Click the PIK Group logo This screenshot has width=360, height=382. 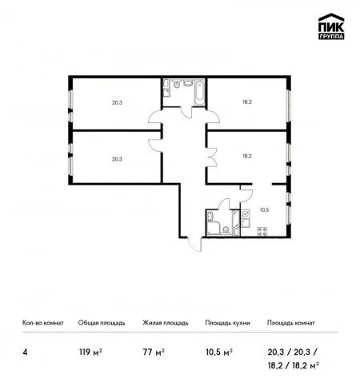[x=331, y=26]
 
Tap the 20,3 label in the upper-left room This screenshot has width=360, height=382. [x=117, y=102]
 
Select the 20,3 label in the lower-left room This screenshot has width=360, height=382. [x=117, y=159]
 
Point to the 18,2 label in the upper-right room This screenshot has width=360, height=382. [x=247, y=102]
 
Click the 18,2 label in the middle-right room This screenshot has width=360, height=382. [x=247, y=156]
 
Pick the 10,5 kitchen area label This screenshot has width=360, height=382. [x=264, y=210]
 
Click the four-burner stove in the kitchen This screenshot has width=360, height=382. [x=262, y=231]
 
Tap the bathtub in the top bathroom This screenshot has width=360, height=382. [x=199, y=93]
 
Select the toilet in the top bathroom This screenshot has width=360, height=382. [x=176, y=84]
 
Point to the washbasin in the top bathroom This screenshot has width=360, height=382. [x=188, y=83]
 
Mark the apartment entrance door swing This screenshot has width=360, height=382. [x=195, y=244]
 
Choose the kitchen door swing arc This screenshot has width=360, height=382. [x=246, y=195]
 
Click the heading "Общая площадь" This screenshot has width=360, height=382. [x=102, y=323]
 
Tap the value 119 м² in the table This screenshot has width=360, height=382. [x=90, y=352]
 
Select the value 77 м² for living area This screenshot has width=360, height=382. [x=154, y=352]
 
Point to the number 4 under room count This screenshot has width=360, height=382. [x=25, y=352]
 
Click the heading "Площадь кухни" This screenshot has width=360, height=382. [x=227, y=323]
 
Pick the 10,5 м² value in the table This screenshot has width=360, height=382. [x=219, y=352]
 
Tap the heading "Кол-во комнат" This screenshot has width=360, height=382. [x=43, y=323]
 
